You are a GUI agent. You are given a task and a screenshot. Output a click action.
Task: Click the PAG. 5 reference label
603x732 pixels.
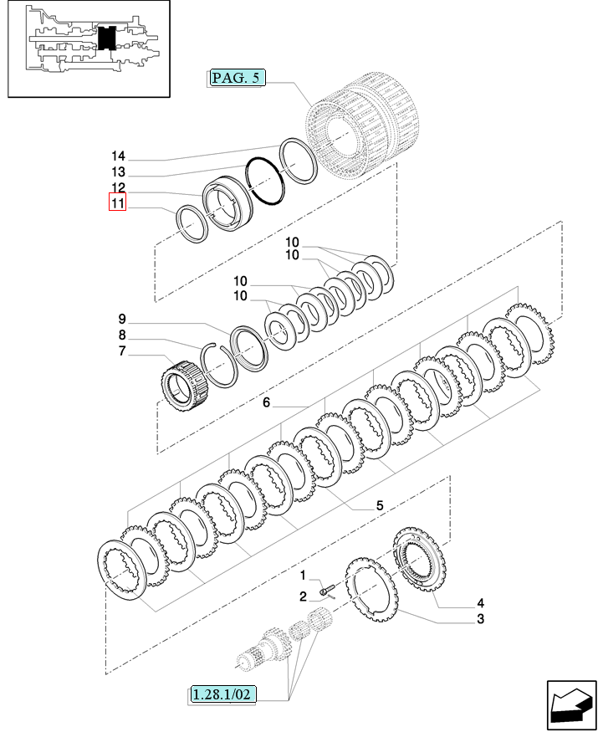click(x=237, y=79)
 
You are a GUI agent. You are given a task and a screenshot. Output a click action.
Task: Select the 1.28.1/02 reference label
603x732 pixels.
click(x=222, y=694)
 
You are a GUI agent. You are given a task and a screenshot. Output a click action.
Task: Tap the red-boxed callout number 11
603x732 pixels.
click(x=117, y=203)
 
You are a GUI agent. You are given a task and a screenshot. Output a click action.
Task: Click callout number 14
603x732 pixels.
click(x=117, y=156)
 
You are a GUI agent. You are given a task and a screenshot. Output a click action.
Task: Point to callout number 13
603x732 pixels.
click(x=117, y=172)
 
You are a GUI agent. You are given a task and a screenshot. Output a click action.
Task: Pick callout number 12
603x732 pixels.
click(x=117, y=188)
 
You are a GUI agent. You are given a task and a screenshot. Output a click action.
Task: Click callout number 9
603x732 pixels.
click(x=121, y=319)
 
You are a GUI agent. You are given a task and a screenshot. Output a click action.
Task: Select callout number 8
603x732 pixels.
click(x=121, y=335)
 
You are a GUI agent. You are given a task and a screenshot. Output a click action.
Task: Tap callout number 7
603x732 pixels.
click(x=121, y=351)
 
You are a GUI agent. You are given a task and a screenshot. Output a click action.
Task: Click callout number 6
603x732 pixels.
click(x=266, y=403)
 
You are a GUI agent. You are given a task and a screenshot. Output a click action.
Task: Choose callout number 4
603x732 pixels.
click(x=480, y=603)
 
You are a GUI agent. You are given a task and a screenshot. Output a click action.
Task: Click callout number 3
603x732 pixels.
click(x=480, y=619)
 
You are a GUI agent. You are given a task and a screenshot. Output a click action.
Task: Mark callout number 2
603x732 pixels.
click(x=304, y=596)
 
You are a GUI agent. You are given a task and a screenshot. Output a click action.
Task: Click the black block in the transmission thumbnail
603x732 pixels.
click(x=105, y=38)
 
